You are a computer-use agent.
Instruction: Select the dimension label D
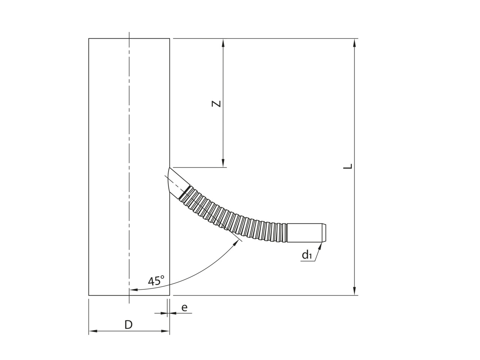129,325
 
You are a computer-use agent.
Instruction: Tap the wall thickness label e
184,307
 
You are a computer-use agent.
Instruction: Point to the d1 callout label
307,255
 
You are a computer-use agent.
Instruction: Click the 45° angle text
156,280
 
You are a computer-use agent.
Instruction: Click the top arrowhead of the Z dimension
223,42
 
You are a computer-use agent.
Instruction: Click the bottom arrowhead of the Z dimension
223,164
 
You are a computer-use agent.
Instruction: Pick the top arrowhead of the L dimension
355,42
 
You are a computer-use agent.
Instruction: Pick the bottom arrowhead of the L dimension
355,291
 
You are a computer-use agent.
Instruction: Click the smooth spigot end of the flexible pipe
306,233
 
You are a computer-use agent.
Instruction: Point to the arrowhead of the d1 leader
320,246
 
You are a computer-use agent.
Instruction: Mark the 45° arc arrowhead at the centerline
133,289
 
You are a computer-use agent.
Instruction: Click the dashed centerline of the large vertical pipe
129,162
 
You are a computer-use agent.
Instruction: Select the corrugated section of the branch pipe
238,223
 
